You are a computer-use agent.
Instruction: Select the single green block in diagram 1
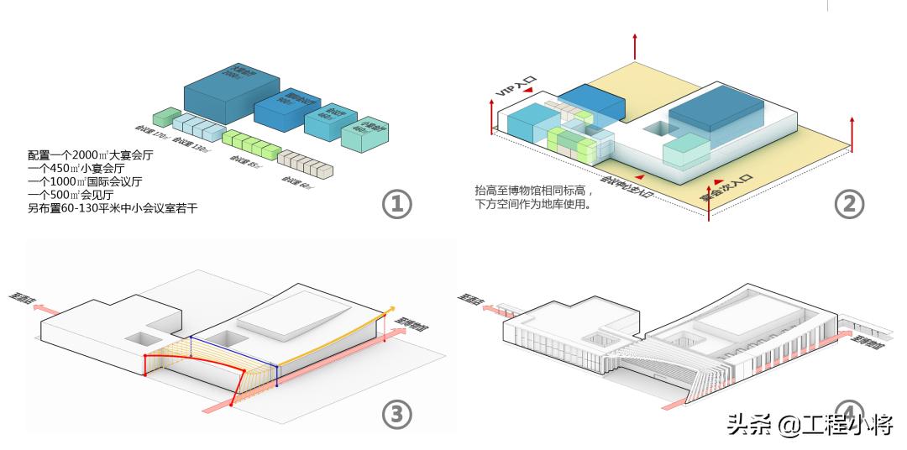click(x=165, y=118)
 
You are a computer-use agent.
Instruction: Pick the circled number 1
click(x=396, y=203)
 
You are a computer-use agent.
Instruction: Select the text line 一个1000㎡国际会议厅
click(x=85, y=181)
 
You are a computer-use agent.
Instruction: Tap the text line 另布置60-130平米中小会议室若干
click(x=113, y=207)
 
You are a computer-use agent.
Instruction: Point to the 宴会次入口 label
click(x=727, y=191)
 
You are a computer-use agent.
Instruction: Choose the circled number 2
click(x=849, y=203)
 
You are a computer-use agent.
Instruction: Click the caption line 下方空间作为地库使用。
click(x=533, y=203)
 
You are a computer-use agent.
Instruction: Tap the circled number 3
click(x=396, y=413)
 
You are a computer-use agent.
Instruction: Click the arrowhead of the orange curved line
click(x=390, y=311)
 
